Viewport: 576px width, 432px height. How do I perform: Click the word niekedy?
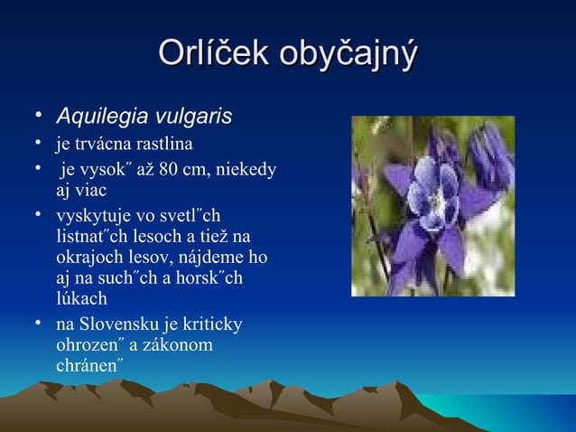coord(246,169)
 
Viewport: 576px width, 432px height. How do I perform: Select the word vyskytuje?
coord(91,217)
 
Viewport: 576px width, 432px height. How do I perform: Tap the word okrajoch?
coord(86,258)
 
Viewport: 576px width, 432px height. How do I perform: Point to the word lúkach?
coord(81,298)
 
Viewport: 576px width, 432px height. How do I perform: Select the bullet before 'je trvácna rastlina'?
coord(40,144)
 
